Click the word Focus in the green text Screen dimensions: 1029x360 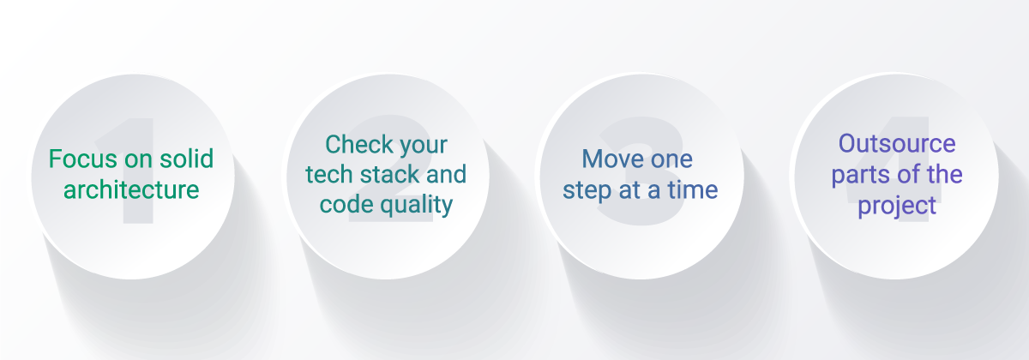point(83,159)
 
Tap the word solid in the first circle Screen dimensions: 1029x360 point(187,159)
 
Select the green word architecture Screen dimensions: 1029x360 point(131,189)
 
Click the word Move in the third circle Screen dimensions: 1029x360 point(609,159)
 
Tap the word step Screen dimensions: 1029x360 point(587,190)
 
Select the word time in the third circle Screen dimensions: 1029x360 point(693,189)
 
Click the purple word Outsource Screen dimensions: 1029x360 point(897,143)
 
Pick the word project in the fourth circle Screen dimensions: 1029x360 point(897,205)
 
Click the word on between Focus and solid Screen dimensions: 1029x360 point(139,159)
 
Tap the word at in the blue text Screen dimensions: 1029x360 point(630,190)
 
